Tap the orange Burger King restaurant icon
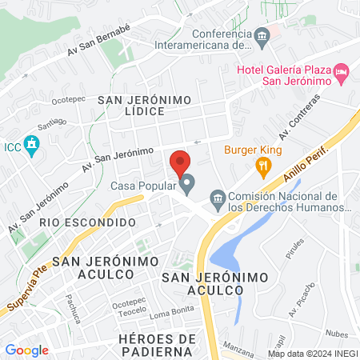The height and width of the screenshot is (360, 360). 261,167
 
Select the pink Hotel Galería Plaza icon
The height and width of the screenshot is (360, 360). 342,73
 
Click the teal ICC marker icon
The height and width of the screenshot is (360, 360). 32,146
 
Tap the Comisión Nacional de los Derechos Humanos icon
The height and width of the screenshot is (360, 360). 217,197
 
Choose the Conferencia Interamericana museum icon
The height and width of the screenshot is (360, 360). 262,36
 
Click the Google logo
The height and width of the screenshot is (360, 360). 26,350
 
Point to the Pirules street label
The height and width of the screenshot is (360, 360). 295,248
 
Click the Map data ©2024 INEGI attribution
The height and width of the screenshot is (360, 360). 310,353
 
